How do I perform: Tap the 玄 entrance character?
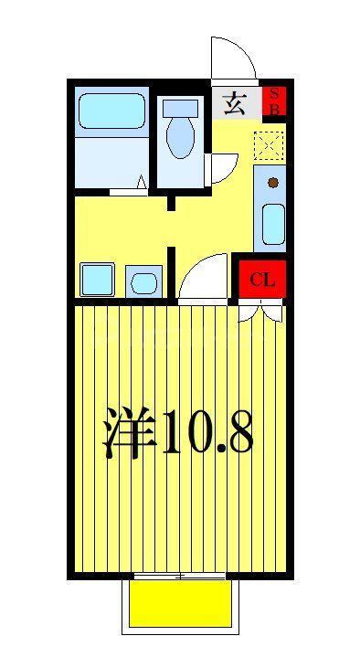coord(235,102)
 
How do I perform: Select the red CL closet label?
coord(262,280)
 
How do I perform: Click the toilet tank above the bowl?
coord(180,107)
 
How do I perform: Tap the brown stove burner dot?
coord(272,183)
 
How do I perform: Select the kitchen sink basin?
coord(272,223)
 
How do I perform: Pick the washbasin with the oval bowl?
coord(143,281)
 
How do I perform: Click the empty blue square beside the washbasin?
coord(97,279)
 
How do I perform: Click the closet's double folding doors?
coord(262,313)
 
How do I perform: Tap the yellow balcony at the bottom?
coord(180,604)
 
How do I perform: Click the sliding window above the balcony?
coord(180,576)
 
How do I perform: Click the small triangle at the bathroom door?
coord(143,183)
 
